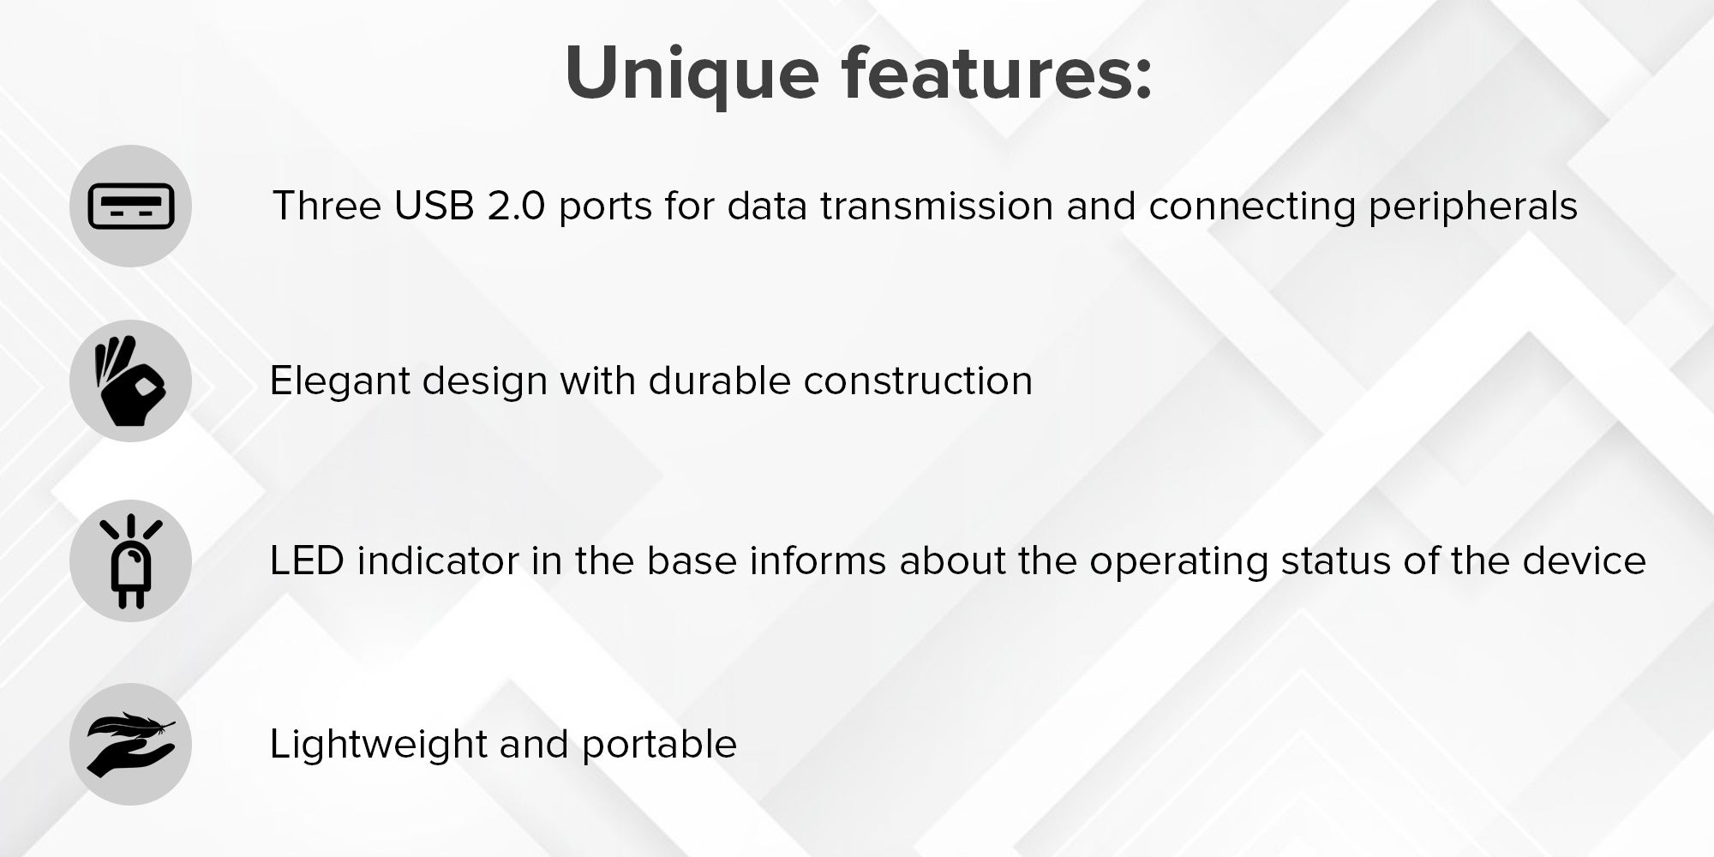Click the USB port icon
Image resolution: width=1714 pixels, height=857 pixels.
pyautogui.click(x=131, y=207)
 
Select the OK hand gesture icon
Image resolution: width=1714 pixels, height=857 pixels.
pyautogui.click(x=129, y=381)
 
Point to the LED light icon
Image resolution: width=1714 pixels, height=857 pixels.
pyautogui.click(x=131, y=561)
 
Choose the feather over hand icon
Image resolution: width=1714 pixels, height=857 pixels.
pyautogui.click(x=131, y=744)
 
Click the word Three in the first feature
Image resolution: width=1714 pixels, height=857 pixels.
pyautogui.click(x=327, y=206)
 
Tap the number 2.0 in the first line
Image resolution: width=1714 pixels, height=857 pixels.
pyautogui.click(x=516, y=206)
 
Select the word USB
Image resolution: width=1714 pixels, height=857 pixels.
pyautogui.click(x=434, y=206)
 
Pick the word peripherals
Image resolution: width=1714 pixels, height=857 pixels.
pyautogui.click(x=1473, y=207)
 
